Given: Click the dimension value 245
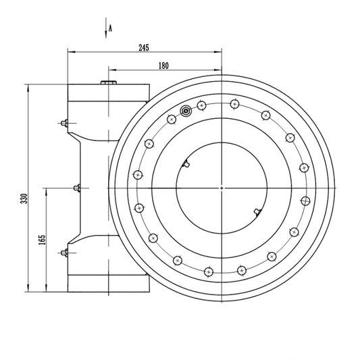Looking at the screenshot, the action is tap(144, 47).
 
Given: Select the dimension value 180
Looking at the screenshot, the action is tap(163, 66).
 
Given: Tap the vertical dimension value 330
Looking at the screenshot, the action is tap(24, 199).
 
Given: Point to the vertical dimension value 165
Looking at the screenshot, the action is tap(42, 240).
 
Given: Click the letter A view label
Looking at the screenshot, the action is tap(110, 28).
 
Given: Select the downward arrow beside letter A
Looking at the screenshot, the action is tap(106, 28).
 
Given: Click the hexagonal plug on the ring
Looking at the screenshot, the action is tap(186, 111).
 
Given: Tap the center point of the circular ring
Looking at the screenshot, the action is tap(222, 188).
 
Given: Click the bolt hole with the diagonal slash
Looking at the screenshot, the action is tap(305, 201).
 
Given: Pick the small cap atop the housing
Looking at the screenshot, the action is tap(109, 82).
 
